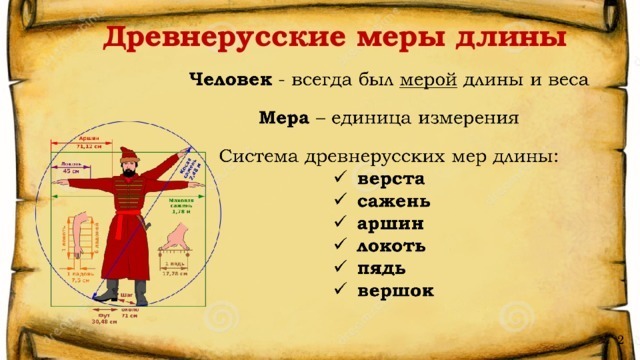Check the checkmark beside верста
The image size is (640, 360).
pos(340,179)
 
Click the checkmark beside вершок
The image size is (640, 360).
pos(340,290)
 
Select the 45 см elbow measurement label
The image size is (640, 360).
pos(71,170)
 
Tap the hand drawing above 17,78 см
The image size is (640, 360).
pos(180,237)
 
